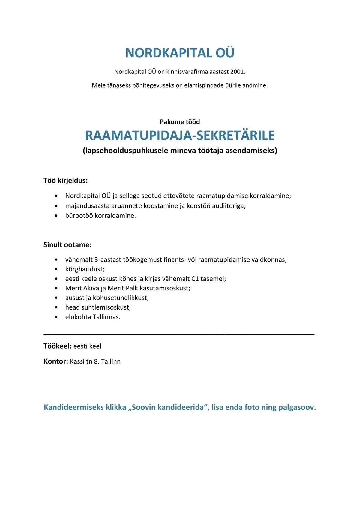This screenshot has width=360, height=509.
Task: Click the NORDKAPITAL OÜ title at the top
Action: pos(180,53)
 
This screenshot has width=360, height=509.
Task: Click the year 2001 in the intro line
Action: pos(238,72)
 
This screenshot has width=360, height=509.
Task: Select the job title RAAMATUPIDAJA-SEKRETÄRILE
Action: pos(180,136)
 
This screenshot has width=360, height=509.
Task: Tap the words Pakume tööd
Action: pos(180,122)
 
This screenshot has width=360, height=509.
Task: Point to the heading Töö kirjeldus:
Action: pos(66,181)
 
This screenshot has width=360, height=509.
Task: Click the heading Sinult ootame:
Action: pos(67,245)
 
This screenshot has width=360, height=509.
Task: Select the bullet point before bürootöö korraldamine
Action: pos(56,216)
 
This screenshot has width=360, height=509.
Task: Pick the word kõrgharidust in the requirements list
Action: pos(85,269)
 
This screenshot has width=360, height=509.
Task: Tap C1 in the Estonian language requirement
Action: pos(195,279)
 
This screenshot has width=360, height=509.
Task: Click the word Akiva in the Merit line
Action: pos(88,288)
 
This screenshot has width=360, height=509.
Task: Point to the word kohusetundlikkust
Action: pos(121,298)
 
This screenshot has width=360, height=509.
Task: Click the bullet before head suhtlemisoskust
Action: pos(56,307)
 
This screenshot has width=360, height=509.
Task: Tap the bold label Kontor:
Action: pos(56,361)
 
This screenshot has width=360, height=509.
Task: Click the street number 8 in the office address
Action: pos(96,361)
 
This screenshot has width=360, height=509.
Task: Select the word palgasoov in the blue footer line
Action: pos(299,407)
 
